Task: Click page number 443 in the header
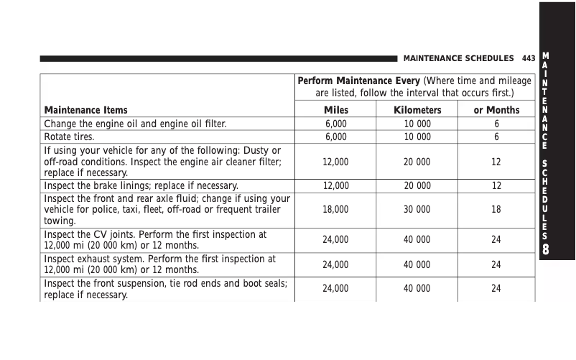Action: (529, 57)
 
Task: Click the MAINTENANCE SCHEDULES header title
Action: (459, 57)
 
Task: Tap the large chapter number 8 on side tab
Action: (547, 249)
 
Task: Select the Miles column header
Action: (335, 110)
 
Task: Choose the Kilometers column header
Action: (417, 110)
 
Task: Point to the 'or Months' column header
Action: (496, 110)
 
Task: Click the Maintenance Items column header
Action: (86, 110)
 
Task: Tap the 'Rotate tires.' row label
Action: (70, 136)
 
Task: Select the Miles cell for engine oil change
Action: (335, 124)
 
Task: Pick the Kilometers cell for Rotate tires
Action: (417, 136)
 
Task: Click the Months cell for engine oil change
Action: (496, 124)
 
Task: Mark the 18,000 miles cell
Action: (335, 210)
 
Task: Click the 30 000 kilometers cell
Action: (417, 210)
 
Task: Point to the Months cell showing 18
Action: (496, 210)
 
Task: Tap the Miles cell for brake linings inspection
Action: (335, 185)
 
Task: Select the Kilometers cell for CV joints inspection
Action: (417, 239)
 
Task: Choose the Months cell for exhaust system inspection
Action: (496, 264)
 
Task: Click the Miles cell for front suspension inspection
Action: (335, 289)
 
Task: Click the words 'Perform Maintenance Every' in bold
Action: (358, 81)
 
